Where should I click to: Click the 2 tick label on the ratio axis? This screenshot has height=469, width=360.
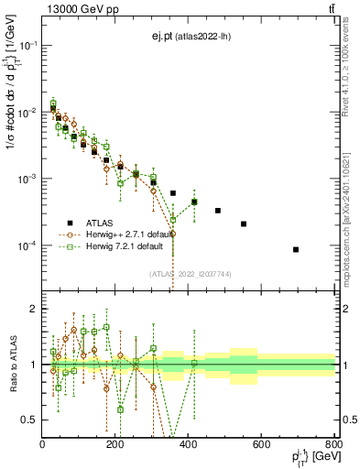[34, 309]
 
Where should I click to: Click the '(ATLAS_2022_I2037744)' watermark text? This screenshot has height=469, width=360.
[189, 274]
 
